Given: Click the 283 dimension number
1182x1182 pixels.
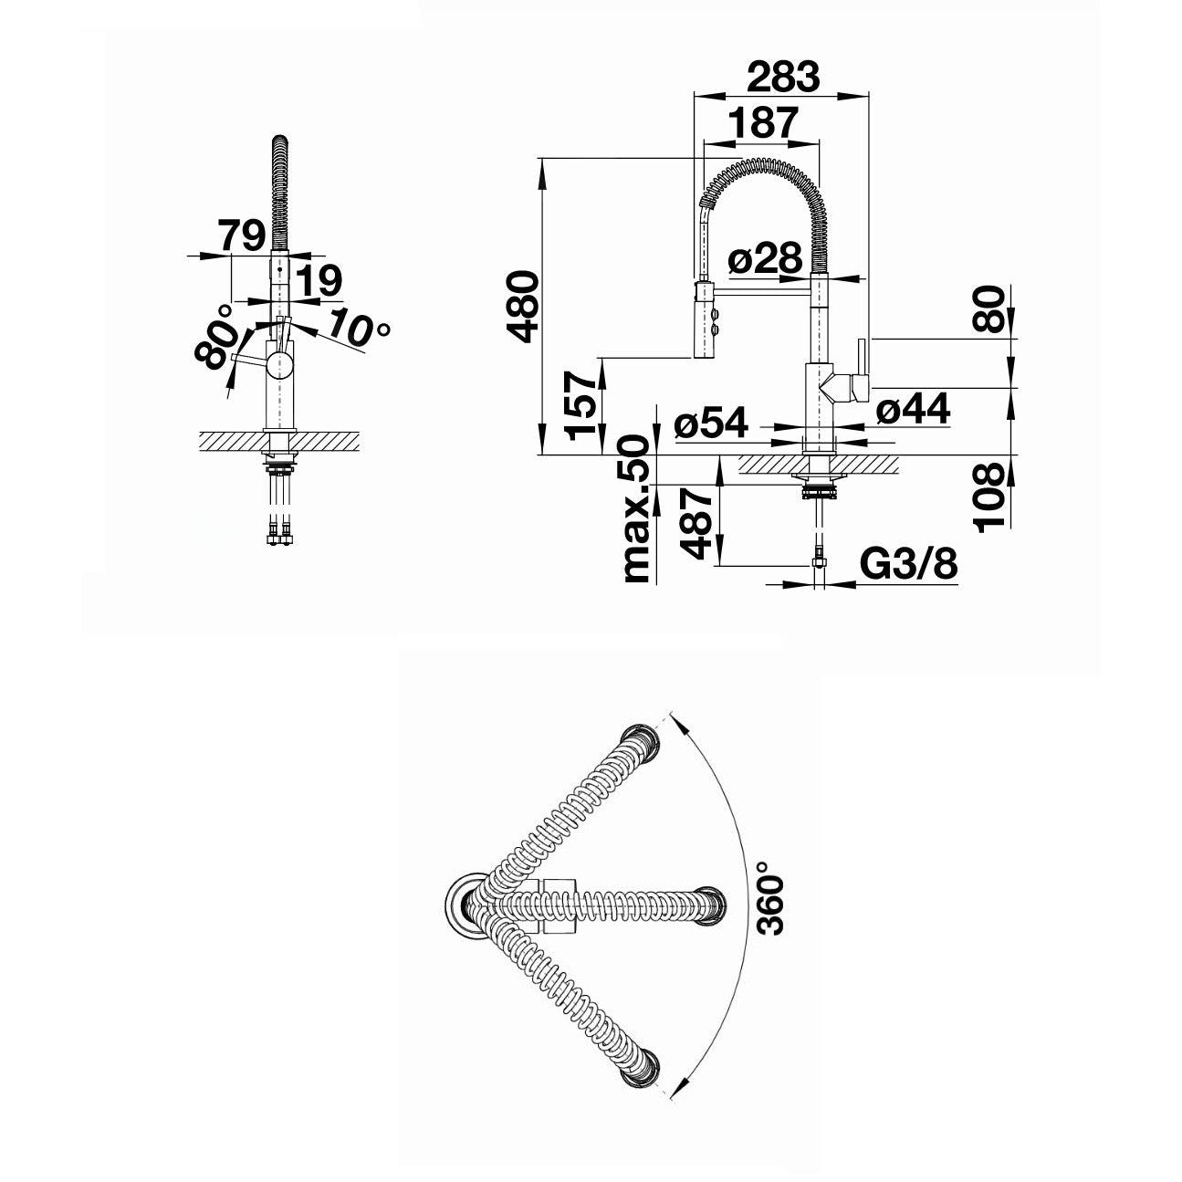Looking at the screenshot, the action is coord(783,77).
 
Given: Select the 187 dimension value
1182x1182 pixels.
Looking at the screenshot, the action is coord(764,122).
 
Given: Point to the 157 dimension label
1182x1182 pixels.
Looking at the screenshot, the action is coord(581,405).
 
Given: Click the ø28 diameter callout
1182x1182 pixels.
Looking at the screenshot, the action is coord(765,258).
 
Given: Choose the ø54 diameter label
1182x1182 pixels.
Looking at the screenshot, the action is coord(711,422).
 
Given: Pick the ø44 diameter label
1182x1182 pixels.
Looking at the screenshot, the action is coord(913,408).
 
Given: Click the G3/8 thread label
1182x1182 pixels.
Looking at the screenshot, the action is coord(909,564).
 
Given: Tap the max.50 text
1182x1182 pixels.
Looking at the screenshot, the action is coord(637,508).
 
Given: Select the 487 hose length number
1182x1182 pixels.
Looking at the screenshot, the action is coord(696,523).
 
